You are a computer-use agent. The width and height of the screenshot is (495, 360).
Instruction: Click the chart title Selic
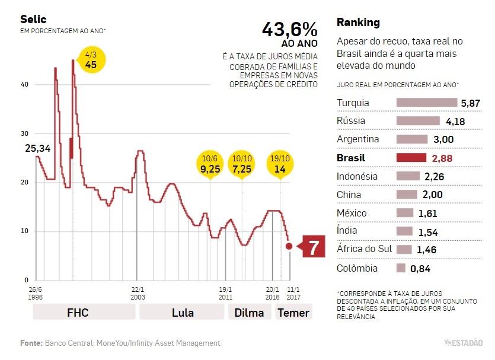(x=33, y=19)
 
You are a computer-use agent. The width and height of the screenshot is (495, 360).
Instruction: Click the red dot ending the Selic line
(x=289, y=246)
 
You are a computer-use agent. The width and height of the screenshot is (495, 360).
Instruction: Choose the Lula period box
(x=183, y=312)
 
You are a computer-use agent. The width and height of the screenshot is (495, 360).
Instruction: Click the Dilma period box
(x=249, y=312)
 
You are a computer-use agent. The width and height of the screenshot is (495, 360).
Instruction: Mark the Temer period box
(x=293, y=312)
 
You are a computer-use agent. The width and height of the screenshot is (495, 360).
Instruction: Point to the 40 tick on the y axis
(x=24, y=84)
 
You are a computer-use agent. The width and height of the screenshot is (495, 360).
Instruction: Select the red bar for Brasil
(x=411, y=158)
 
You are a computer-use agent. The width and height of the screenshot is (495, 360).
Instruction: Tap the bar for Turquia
(x=427, y=103)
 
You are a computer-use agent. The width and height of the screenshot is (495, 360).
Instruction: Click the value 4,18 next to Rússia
(x=455, y=122)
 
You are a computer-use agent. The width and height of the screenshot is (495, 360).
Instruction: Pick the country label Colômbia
(x=357, y=268)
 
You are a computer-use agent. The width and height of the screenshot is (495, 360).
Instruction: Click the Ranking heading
(x=358, y=23)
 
